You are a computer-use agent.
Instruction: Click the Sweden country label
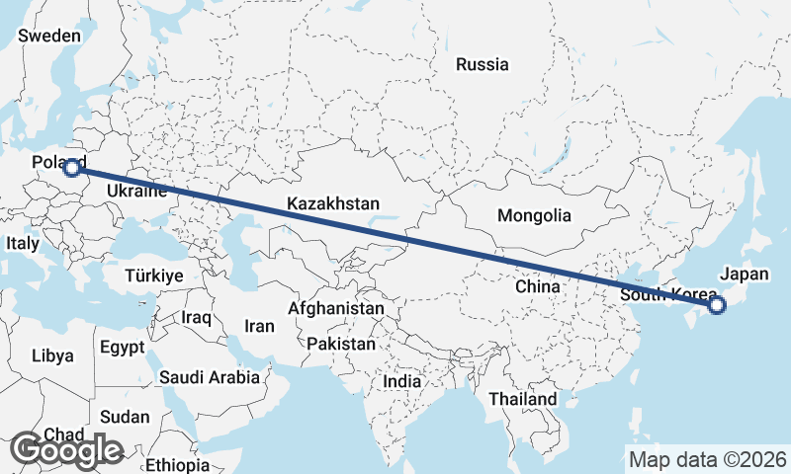click(49, 36)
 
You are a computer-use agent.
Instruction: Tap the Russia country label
click(483, 65)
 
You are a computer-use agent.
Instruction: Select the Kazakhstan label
click(333, 204)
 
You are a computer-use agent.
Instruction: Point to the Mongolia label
click(534, 215)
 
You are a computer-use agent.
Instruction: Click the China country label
click(538, 286)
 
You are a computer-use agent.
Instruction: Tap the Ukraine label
click(135, 190)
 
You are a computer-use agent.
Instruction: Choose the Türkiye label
click(154, 276)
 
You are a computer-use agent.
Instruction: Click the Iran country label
click(259, 325)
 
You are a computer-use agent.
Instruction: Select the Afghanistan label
click(336, 309)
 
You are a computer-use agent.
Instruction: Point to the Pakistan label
click(341, 345)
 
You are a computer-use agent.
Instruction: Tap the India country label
click(402, 381)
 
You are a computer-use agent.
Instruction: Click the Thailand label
click(523, 399)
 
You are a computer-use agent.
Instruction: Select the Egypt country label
click(123, 348)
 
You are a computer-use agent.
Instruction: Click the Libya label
click(52, 355)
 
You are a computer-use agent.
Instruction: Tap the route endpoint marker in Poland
click(72, 168)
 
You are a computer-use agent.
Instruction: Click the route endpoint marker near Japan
click(717, 306)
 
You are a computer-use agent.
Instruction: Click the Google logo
click(67, 450)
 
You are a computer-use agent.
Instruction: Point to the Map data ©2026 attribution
click(708, 459)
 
